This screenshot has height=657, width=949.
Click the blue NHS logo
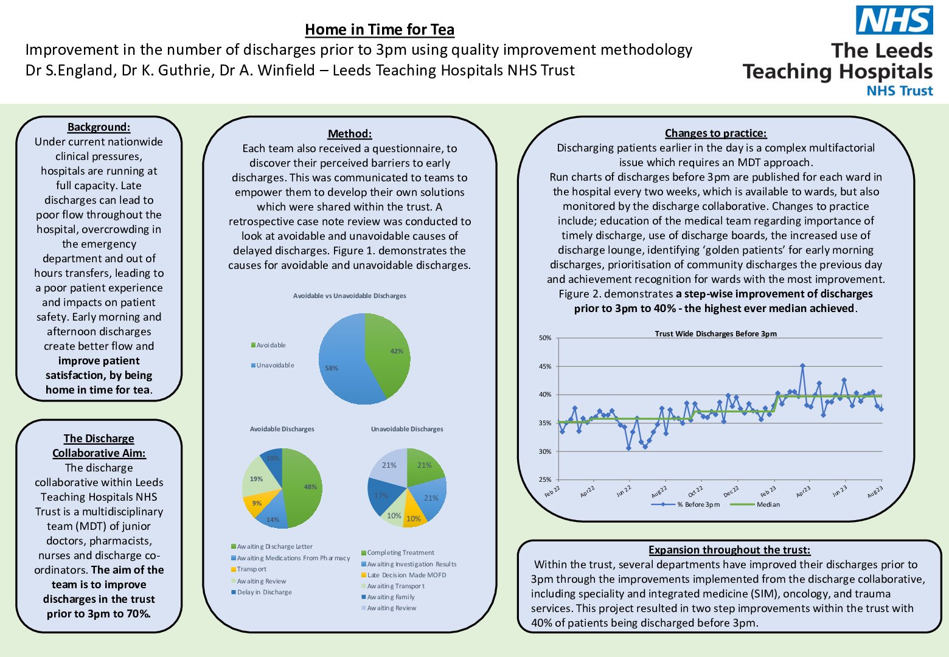(894, 20)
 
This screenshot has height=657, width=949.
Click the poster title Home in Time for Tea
(380, 29)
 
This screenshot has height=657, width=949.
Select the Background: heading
(99, 127)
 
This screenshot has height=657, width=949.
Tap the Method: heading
(350, 134)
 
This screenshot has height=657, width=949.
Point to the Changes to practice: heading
(715, 133)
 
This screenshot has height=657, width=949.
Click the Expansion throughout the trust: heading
(729, 550)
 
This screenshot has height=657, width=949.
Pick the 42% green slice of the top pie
(392, 356)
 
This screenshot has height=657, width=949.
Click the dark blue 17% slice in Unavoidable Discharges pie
(380, 496)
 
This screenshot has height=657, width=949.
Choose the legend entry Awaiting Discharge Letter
(274, 546)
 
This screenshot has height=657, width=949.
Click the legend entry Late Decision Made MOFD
(406, 575)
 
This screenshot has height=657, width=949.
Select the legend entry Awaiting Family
(391, 597)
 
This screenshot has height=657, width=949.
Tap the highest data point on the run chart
(802, 366)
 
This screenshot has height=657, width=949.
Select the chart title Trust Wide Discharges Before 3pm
(715, 333)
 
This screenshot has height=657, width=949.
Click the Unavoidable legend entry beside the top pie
(275, 365)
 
